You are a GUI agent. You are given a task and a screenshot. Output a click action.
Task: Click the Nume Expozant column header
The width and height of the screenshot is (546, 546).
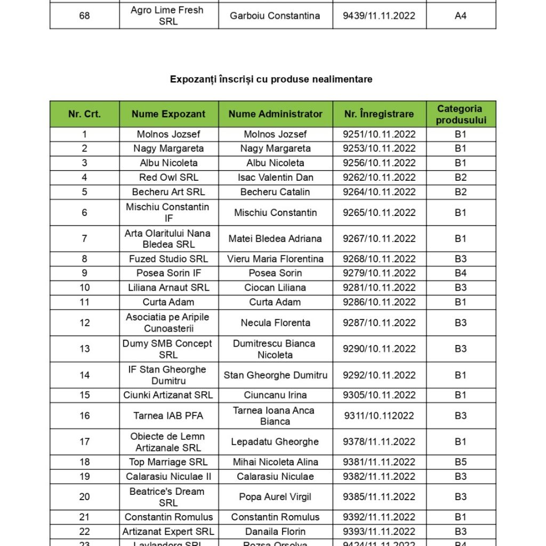click(168, 114)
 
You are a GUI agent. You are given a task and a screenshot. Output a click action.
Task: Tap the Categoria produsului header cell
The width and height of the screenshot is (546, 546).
click(461, 114)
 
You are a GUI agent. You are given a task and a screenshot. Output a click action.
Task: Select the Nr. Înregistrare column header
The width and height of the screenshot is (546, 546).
click(379, 114)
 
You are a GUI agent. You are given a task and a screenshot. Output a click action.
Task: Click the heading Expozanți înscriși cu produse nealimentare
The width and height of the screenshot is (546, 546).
click(271, 79)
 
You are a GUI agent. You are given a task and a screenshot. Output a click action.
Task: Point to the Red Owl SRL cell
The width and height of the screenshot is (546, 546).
click(168, 178)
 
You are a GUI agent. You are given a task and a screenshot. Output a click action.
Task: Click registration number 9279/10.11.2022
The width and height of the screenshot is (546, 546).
click(379, 273)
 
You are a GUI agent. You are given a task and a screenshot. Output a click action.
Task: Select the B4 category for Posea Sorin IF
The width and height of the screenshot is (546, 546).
click(461, 273)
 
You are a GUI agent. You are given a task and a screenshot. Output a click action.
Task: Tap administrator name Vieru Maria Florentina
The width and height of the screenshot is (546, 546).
click(275, 259)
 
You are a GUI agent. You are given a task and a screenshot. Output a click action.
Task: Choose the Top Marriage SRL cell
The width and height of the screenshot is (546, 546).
click(168, 462)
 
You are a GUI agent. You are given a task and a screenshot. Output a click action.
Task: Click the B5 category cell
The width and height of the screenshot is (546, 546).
click(461, 462)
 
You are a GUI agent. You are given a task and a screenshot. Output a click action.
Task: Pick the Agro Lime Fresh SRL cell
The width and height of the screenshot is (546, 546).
click(168, 16)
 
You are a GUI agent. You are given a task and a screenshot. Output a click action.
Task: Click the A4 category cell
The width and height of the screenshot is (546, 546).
click(461, 16)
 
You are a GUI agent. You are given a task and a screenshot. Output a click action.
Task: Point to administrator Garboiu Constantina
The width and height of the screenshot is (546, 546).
click(275, 16)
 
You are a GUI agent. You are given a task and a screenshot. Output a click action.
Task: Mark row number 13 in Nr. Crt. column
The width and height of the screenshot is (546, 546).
click(85, 349)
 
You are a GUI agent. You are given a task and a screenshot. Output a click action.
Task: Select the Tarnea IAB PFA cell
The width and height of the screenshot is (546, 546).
click(168, 416)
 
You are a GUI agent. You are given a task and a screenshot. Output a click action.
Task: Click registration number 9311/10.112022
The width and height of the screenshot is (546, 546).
click(379, 416)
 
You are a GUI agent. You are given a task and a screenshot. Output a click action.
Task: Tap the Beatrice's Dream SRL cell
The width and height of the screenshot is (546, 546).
click(168, 497)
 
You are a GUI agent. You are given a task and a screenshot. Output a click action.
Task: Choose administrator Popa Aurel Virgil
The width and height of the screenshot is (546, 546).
click(275, 497)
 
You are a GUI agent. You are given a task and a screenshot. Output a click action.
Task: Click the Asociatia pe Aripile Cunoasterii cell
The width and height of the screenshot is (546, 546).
click(168, 323)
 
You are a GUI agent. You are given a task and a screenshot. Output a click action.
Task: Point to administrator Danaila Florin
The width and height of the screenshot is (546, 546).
click(275, 532)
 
